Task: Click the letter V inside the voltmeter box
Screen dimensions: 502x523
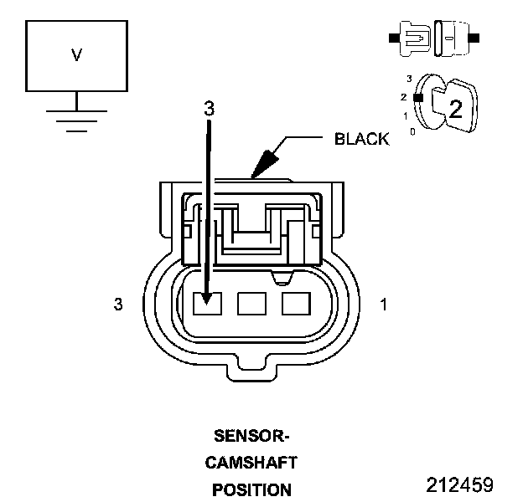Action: [76, 55]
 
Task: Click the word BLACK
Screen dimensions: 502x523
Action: [361, 139]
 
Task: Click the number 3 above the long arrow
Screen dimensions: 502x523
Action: [210, 108]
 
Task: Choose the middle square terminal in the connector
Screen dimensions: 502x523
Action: [251, 304]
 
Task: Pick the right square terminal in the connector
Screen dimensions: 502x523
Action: [295, 304]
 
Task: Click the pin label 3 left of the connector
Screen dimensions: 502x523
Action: [118, 305]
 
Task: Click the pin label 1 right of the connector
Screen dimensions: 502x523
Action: [384, 305]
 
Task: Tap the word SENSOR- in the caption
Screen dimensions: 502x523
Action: [251, 436]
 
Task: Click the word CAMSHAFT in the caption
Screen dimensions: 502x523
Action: [251, 463]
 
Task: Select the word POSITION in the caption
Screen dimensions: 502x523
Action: [251, 489]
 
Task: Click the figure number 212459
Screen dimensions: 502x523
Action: [459, 485]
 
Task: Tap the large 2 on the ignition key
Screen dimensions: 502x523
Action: [455, 108]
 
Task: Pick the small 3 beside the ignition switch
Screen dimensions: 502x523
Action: [408, 79]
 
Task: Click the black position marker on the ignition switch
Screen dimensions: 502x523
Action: [417, 98]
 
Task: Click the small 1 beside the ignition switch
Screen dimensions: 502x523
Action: [406, 115]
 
